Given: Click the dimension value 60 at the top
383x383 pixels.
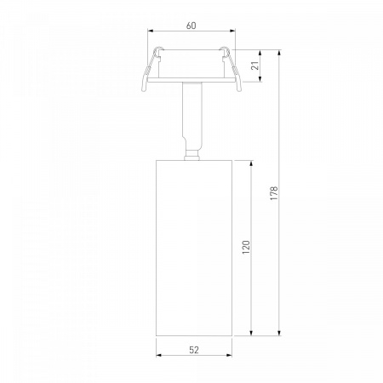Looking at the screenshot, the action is coord(191,26).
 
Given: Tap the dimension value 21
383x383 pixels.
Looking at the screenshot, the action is coord(255,66).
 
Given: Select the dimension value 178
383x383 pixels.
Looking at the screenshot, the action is coord(274,193).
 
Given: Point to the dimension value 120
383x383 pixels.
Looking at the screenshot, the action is coord(246,247).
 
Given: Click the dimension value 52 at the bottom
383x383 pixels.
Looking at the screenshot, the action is coord(194,350).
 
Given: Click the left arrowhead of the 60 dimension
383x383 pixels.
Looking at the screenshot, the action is coord(151,31).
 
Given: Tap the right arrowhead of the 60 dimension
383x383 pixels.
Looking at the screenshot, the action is coord(232,31).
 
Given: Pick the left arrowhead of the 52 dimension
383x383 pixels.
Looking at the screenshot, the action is coord(159,355).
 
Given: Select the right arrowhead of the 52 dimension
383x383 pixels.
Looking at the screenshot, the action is coord(229,355).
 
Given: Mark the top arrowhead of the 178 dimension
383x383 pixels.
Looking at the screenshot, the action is coord(280,53).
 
